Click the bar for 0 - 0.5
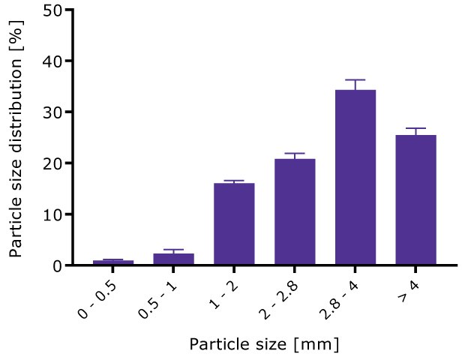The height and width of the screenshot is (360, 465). [x=113, y=262]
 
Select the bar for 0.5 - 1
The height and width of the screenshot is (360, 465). [x=174, y=259]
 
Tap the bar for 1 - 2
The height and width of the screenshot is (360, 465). [x=234, y=224]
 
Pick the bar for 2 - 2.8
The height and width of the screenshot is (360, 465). [x=295, y=212]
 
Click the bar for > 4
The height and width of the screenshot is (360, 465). [x=415, y=200]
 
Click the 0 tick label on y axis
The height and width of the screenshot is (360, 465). [x=56, y=265]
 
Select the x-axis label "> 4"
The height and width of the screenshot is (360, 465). [x=412, y=286]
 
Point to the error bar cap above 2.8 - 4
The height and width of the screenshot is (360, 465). [x=355, y=79]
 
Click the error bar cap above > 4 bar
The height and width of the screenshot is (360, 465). [x=415, y=128]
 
